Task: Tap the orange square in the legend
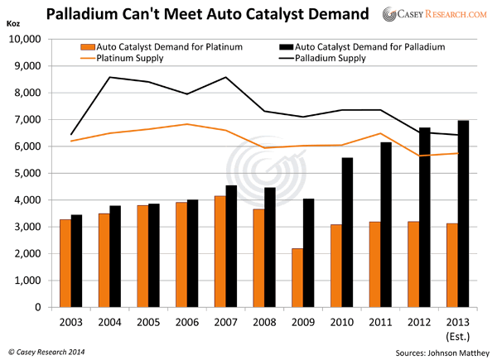(86, 47)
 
